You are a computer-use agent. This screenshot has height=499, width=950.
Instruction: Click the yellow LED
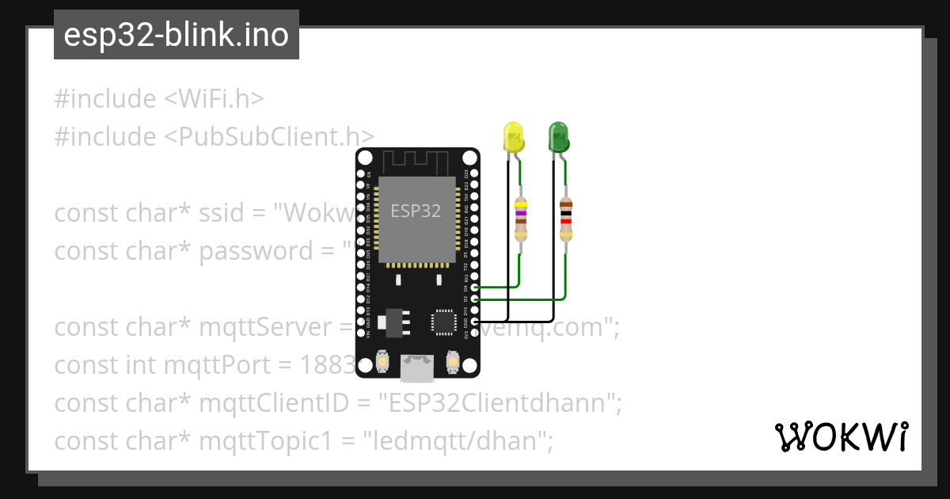click(515, 138)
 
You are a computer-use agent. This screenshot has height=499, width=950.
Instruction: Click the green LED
click(559, 137)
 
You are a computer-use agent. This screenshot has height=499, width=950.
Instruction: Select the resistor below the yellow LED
click(520, 219)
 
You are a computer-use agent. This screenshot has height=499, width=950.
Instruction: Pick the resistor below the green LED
click(565, 219)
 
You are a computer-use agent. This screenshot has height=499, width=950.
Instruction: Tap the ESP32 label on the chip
click(416, 211)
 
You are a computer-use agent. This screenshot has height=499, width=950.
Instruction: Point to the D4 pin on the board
click(474, 289)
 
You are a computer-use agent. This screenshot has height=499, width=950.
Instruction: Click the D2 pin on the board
click(474, 299)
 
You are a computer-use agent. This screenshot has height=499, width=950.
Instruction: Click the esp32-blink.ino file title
click(176, 35)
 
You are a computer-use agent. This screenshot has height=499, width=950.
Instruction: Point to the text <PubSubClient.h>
click(269, 137)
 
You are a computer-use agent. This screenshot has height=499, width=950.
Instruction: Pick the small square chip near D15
click(443, 322)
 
